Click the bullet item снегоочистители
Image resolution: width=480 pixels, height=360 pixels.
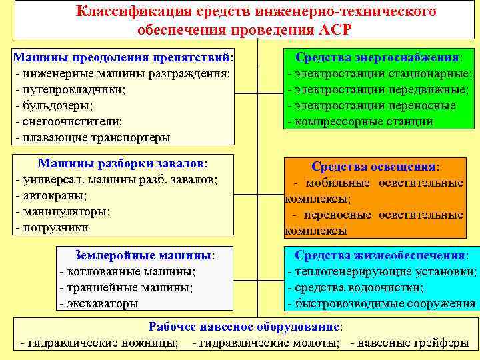69,121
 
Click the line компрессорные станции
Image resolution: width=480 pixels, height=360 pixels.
361,121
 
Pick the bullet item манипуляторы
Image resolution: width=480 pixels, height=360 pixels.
63,211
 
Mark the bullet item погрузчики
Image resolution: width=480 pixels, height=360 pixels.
57,227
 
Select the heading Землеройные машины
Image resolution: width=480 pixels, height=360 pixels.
145,255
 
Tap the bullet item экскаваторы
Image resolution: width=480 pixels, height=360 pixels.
99,303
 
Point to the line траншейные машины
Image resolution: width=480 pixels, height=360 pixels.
126,287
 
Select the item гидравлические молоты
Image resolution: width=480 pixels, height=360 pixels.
267,343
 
